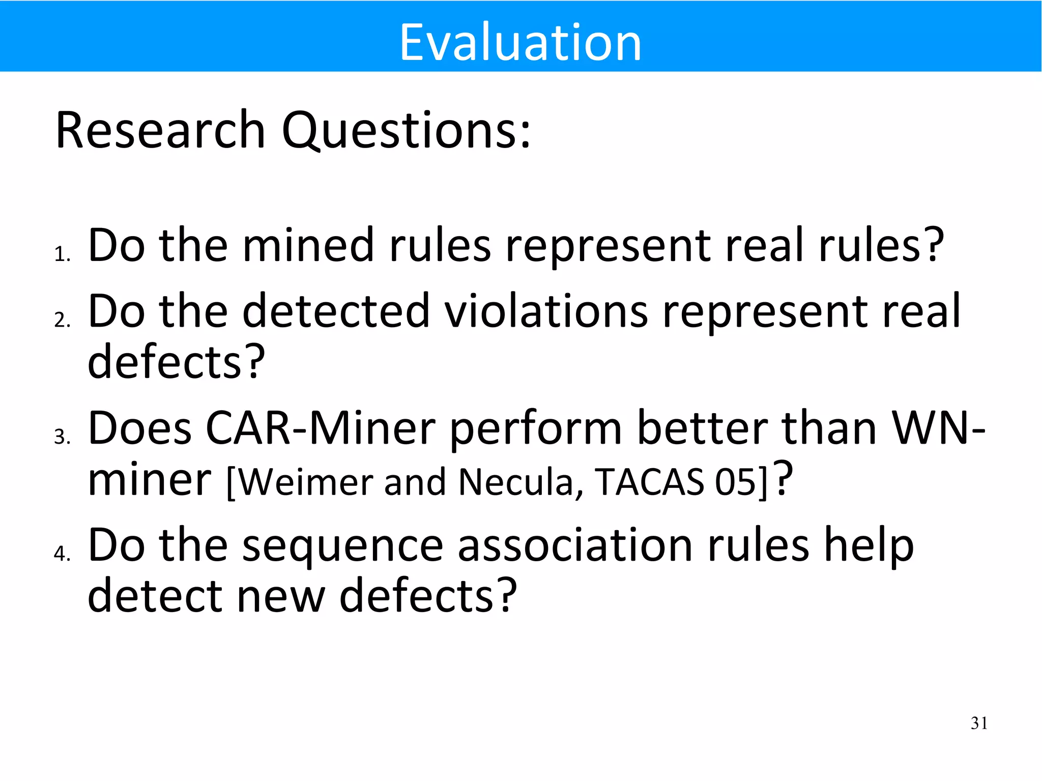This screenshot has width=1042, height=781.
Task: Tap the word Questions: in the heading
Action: click(x=406, y=131)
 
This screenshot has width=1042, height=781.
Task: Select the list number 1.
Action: click(x=62, y=254)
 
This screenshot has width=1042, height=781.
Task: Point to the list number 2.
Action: click(x=62, y=320)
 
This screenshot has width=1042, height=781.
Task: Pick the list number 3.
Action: click(x=62, y=437)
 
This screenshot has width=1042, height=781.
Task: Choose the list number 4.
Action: click(x=62, y=554)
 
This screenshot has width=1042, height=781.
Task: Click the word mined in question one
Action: click(x=308, y=245)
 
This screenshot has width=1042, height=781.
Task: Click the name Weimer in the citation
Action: click(x=305, y=482)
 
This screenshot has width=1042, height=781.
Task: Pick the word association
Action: click(x=575, y=545)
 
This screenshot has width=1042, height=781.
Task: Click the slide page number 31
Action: click(x=979, y=723)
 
